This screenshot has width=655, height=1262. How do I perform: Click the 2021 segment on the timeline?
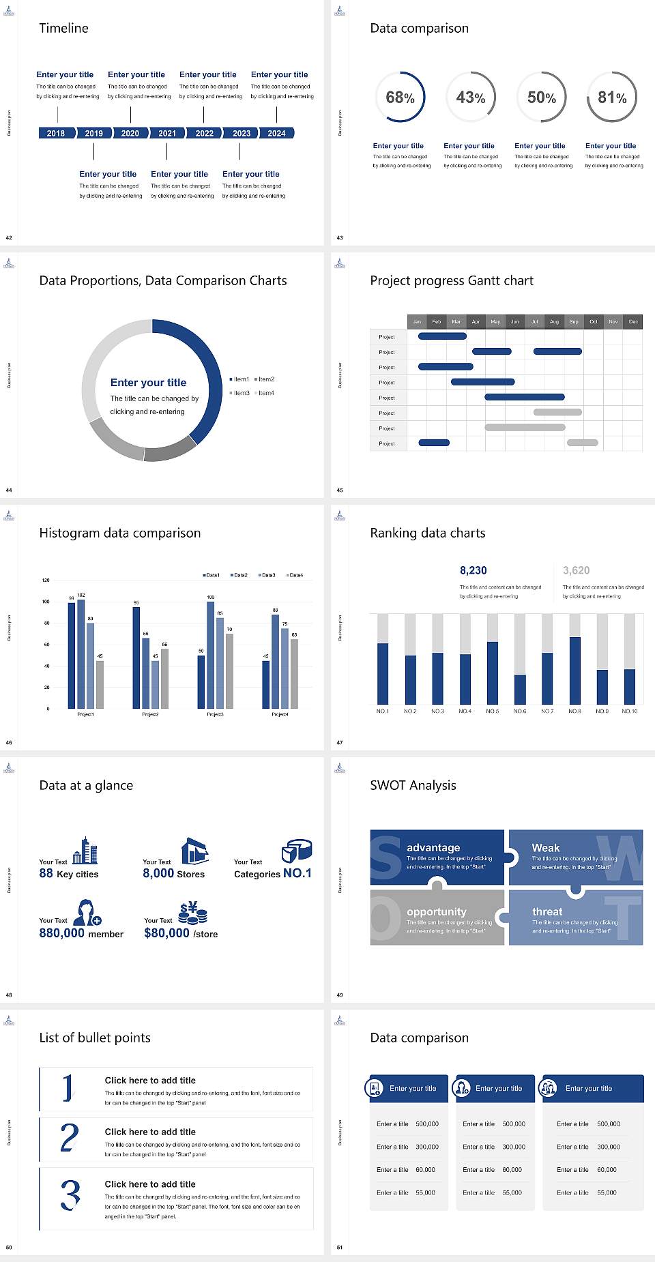click(x=167, y=133)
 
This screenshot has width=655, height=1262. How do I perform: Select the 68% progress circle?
click(x=400, y=97)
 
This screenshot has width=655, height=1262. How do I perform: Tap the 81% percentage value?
click(x=612, y=98)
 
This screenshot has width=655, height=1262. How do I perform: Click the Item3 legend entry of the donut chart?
click(x=239, y=393)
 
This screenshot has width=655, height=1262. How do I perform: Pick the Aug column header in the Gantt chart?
click(x=554, y=321)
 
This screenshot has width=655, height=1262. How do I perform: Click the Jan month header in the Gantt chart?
click(x=417, y=321)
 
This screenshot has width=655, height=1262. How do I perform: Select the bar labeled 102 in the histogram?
click(x=81, y=651)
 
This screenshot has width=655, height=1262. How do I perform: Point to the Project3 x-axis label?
click(x=215, y=714)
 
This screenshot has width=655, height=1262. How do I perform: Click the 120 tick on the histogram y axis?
click(x=46, y=581)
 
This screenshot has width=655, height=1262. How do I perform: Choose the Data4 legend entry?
click(x=294, y=575)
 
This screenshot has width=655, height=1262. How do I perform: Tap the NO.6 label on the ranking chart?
click(x=520, y=711)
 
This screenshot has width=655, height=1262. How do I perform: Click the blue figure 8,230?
click(x=473, y=570)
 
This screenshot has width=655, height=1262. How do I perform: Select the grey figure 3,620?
click(x=576, y=570)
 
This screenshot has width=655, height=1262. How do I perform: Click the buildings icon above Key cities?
click(x=85, y=851)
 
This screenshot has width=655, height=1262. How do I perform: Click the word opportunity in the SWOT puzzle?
click(x=436, y=911)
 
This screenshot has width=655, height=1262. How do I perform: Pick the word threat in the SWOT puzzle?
click(x=547, y=911)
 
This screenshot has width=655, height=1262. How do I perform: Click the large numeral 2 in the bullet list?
click(x=70, y=1138)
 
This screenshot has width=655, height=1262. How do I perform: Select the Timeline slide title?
click(x=63, y=28)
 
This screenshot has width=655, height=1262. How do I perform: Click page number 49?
click(x=340, y=995)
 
